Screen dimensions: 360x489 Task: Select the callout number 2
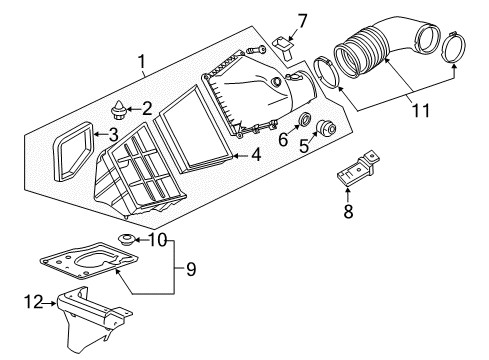(x=147, y=107)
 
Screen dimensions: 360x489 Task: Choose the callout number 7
(x=302, y=19)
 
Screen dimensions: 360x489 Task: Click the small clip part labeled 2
(x=121, y=107)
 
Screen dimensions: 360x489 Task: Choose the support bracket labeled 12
(x=95, y=321)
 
